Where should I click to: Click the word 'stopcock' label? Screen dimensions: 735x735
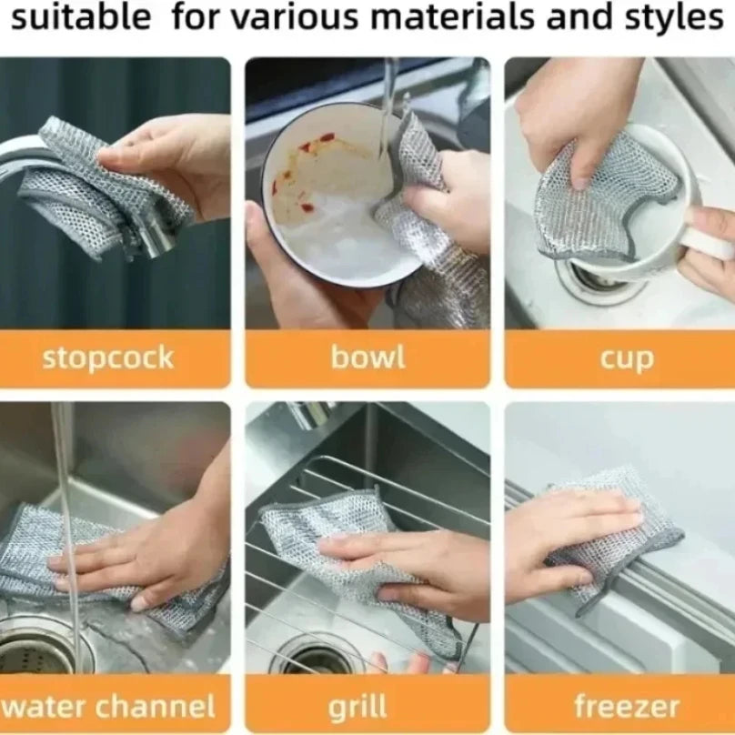(x=107, y=357)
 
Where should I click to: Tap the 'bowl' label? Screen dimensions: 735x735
(x=367, y=357)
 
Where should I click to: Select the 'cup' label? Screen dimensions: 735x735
(x=626, y=357)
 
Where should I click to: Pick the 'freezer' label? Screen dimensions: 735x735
(x=626, y=706)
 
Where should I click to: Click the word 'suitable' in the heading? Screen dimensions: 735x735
(x=81, y=17)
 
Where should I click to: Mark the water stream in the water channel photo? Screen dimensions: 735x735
(x=65, y=509)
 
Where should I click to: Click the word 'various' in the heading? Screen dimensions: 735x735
(x=292, y=17)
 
